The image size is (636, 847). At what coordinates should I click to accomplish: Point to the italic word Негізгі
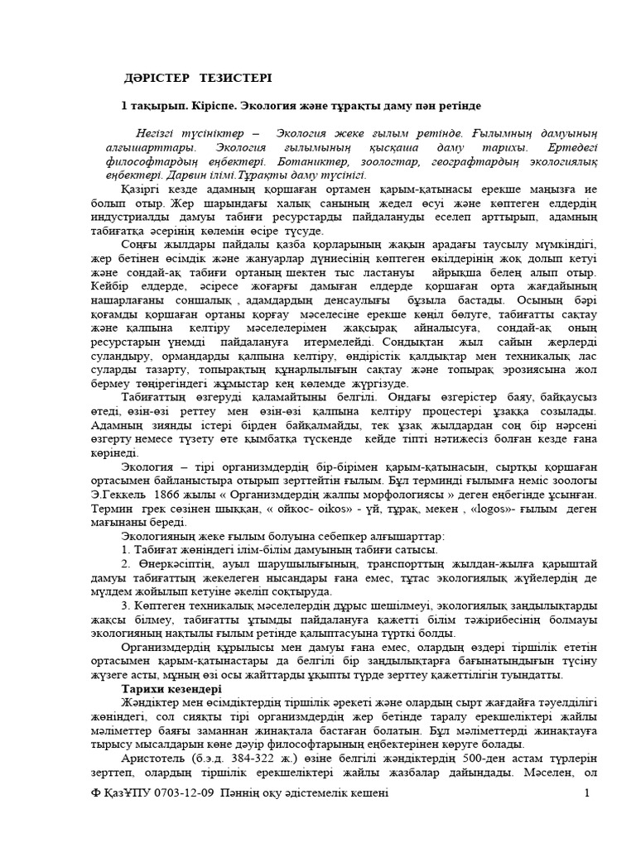pyautogui.click(x=161, y=133)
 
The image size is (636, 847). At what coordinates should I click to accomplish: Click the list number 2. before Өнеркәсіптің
pyautogui.click(x=126, y=564)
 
